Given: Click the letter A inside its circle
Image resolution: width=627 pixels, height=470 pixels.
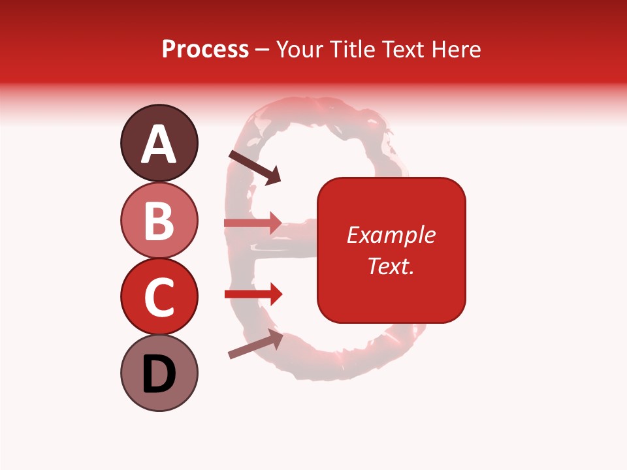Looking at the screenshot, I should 159,144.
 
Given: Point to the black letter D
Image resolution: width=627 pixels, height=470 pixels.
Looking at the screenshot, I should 159,375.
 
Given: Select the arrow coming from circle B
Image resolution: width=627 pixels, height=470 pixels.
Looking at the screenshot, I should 252,223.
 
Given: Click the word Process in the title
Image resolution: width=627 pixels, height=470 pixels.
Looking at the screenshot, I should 205,49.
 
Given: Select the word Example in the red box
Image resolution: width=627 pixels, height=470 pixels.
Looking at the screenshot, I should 391,235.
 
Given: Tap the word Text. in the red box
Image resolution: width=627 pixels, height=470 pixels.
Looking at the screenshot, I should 391,266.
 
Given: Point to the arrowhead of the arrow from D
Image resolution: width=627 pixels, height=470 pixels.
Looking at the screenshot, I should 275,338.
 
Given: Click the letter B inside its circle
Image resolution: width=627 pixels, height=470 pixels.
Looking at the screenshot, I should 159,221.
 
